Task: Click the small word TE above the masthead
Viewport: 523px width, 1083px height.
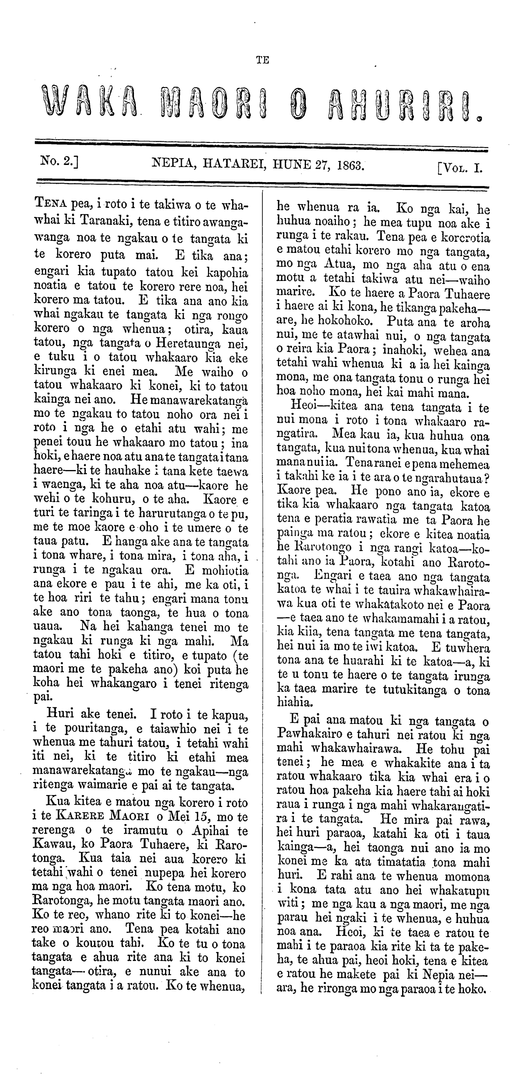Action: coord(263,60)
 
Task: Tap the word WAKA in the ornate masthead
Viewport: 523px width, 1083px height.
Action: coord(90,103)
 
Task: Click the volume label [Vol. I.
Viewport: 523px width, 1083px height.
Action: coord(460,168)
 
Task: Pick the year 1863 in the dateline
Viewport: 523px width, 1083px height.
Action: coord(350,165)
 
